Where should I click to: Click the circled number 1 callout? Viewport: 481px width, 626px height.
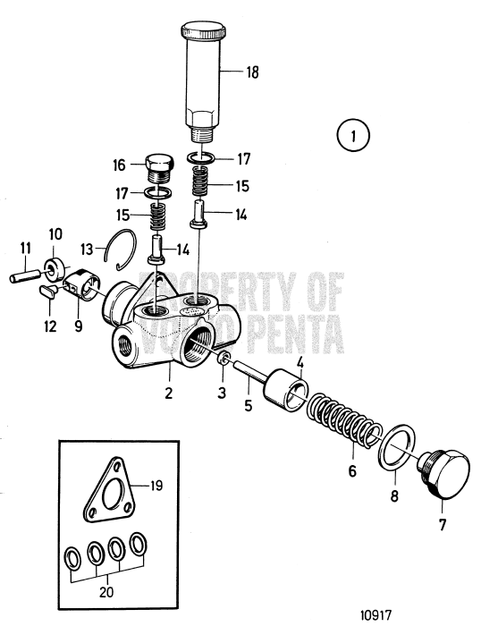click(x=353, y=136)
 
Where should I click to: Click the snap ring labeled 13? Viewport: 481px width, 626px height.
click(x=121, y=250)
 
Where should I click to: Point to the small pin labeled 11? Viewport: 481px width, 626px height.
click(x=25, y=276)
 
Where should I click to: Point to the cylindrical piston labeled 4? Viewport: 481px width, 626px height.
click(x=286, y=390)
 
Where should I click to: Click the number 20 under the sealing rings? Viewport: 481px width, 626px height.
click(x=106, y=592)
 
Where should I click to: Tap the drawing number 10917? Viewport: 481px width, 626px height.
click(x=376, y=614)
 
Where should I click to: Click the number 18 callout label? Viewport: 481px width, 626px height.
click(x=252, y=72)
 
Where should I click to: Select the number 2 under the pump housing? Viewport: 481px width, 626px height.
click(x=168, y=393)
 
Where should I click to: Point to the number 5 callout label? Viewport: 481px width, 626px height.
click(x=249, y=406)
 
